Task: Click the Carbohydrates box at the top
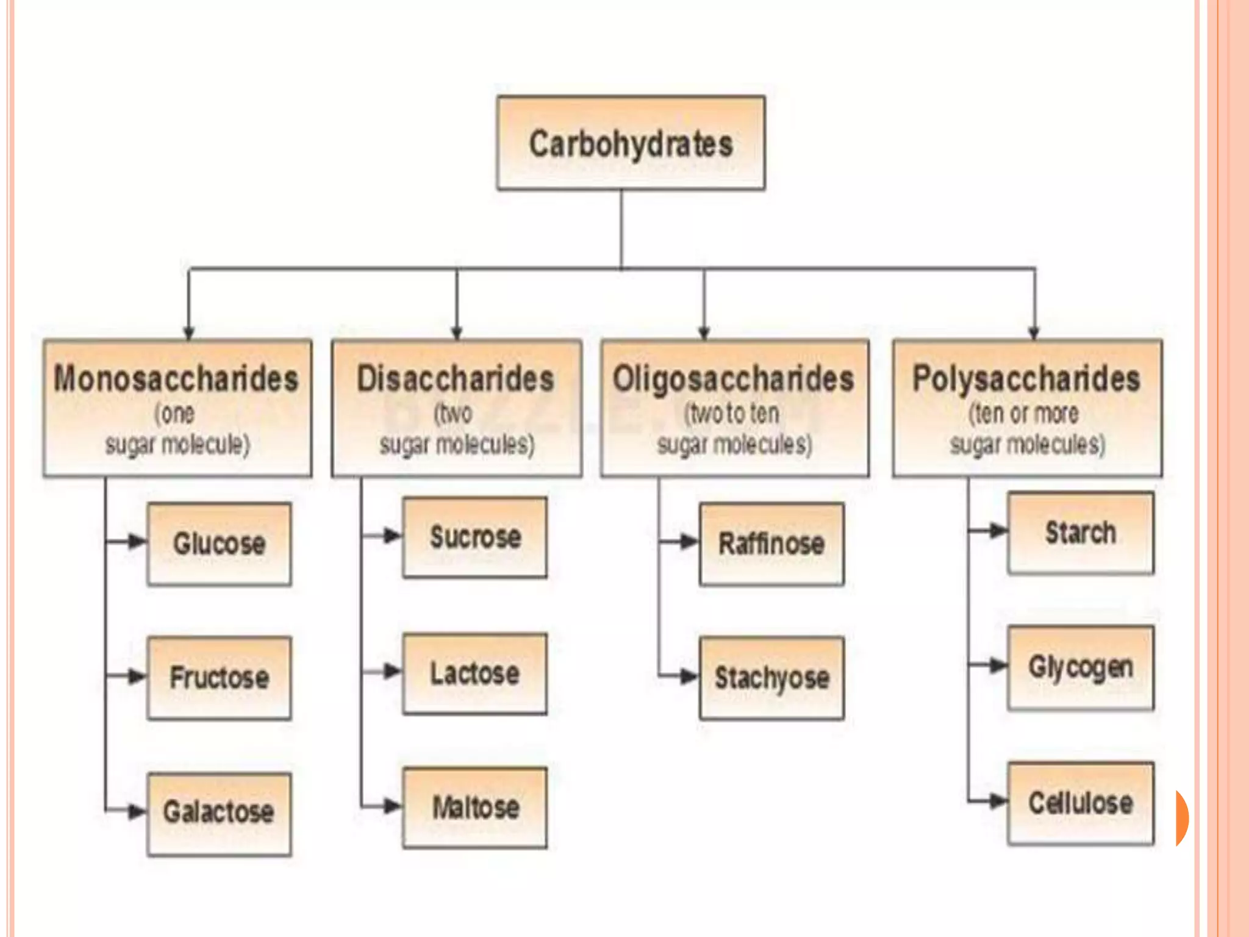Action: (x=631, y=143)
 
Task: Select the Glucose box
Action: (x=219, y=544)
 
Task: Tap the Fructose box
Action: (x=219, y=678)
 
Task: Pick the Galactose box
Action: (x=219, y=813)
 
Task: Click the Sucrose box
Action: (x=474, y=537)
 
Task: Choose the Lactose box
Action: (x=474, y=673)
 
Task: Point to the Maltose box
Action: (x=474, y=808)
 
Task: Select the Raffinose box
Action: (x=771, y=544)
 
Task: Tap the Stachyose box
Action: (x=771, y=678)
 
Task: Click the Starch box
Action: (x=1081, y=533)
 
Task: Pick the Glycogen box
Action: (x=1081, y=667)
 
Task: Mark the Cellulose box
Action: (x=1081, y=803)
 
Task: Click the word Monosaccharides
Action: (x=176, y=379)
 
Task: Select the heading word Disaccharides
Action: (x=456, y=379)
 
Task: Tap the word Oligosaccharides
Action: (x=734, y=379)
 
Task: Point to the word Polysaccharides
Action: (x=1026, y=379)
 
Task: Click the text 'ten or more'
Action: (x=1025, y=414)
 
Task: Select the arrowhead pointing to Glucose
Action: (x=137, y=541)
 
